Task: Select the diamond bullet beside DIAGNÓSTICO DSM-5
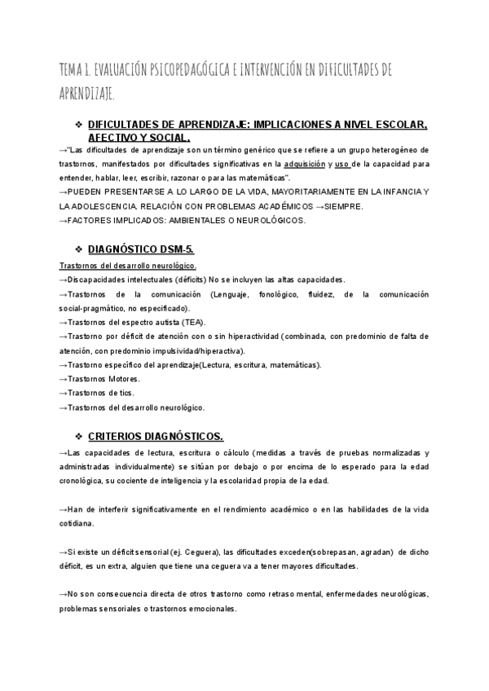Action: [x=79, y=247]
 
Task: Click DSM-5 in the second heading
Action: [x=175, y=247]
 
